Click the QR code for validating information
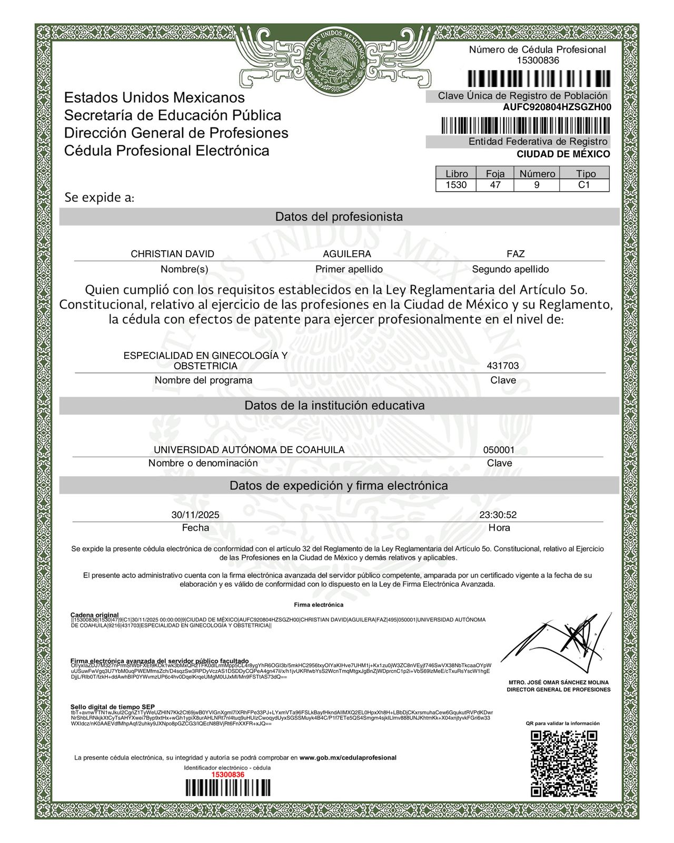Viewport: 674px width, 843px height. point(564,763)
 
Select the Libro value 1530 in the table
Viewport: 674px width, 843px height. point(456,185)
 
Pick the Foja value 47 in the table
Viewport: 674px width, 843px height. point(495,185)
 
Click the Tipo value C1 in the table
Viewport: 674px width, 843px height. point(584,185)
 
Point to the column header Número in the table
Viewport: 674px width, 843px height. point(537,173)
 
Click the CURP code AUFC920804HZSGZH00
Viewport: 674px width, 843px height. point(557,107)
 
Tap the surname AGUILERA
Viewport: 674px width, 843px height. point(347,254)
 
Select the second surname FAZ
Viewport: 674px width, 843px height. point(516,254)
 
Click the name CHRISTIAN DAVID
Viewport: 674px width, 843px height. point(172,254)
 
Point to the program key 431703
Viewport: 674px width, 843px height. point(503,366)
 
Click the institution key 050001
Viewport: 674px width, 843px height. point(499,450)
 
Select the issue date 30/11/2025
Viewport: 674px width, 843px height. point(195,515)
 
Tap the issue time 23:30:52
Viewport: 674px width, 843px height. point(498,515)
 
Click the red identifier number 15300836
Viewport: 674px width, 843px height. point(227,775)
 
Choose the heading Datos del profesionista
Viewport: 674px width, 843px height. point(339,217)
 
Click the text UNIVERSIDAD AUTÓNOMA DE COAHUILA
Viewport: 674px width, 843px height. point(249,450)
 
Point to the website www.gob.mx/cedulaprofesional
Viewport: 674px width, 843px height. point(348,758)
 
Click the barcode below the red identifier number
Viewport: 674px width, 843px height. point(227,788)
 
